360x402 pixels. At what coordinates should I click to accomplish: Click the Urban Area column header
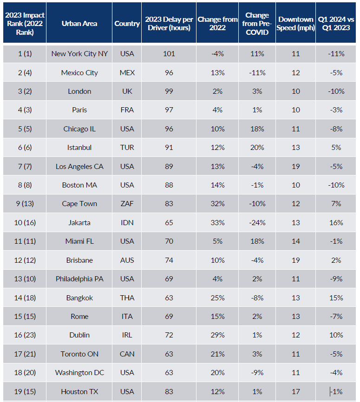pos(79,23)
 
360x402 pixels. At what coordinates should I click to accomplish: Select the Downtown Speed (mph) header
pos(296,23)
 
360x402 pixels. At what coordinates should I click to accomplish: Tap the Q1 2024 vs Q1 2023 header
pos(336,23)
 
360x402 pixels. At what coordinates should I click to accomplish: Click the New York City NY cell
pos(79,54)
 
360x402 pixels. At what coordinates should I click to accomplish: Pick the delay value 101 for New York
pos(169,54)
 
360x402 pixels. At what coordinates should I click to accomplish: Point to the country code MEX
pos(127,73)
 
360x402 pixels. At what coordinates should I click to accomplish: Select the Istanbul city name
pos(79,148)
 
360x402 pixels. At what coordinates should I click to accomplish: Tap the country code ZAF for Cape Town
pos(127,204)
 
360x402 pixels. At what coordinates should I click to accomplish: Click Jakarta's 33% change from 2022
pos(217,223)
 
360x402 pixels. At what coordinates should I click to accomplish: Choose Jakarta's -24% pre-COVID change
pos(257,223)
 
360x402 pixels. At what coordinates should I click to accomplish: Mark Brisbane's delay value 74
pos(169,260)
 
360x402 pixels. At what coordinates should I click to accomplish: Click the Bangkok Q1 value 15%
pos(336,298)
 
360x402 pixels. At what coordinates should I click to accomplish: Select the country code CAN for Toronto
pos(127,354)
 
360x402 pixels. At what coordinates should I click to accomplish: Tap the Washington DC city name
pos(79,373)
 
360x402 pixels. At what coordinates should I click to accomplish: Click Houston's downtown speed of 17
pos(296,391)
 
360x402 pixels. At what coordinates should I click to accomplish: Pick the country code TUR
pos(127,148)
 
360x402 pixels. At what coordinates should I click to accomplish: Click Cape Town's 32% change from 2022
pos(217,204)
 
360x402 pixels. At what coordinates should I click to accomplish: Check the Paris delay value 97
pos(169,110)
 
